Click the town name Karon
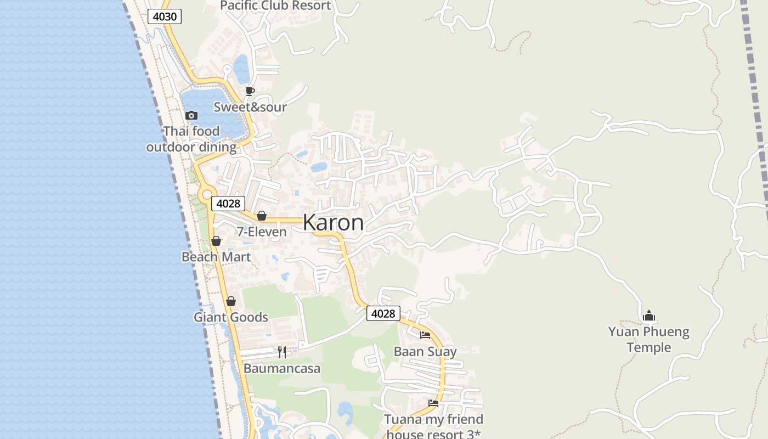(x=333, y=223)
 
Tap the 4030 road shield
(x=165, y=16)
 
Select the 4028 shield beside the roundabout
(x=228, y=204)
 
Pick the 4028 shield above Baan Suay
(x=383, y=313)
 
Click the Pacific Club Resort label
(x=275, y=6)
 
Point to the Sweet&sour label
(x=250, y=107)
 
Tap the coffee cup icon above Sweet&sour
(x=250, y=91)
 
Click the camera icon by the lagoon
(x=191, y=115)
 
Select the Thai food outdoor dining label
(x=191, y=139)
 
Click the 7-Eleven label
(x=262, y=232)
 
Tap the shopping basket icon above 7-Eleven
(x=262, y=216)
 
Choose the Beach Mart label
(x=216, y=257)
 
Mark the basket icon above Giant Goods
(x=231, y=301)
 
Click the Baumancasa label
(x=282, y=368)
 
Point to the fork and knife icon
(x=282, y=352)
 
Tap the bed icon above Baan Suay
(x=425, y=335)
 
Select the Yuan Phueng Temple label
(x=649, y=340)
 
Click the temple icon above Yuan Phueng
(x=649, y=316)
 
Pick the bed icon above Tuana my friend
(x=433, y=403)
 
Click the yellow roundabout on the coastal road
(x=206, y=193)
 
